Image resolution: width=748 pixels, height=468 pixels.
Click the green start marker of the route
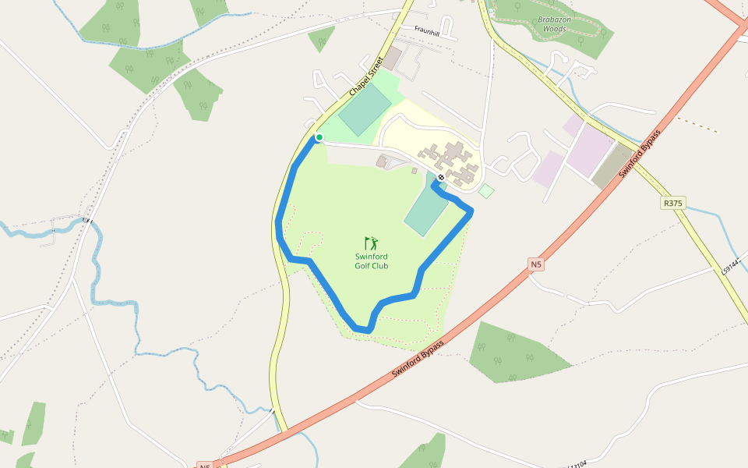(x=319, y=138)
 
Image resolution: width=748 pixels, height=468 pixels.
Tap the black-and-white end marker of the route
(x=441, y=178)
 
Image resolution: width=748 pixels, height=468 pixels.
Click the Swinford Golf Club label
(x=372, y=261)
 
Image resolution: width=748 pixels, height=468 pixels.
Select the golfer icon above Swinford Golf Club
(x=371, y=243)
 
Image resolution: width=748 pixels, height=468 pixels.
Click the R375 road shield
(x=673, y=203)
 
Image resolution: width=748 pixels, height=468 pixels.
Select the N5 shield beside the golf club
(x=535, y=265)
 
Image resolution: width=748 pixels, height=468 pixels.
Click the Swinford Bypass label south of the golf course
(x=418, y=360)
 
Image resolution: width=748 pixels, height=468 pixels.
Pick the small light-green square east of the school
(x=486, y=191)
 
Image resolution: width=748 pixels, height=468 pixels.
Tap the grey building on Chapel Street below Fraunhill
(x=393, y=58)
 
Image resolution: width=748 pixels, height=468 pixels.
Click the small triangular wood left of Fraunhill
(x=321, y=37)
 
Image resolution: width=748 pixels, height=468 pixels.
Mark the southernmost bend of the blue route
(x=364, y=331)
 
